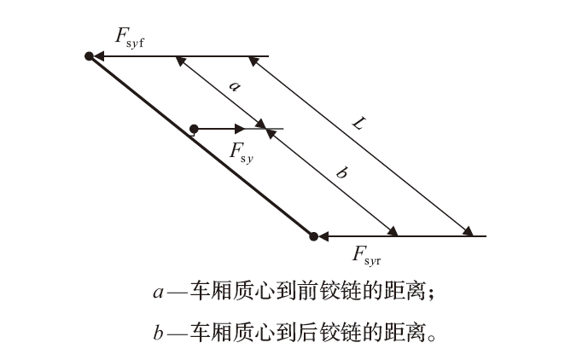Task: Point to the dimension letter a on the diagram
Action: point(236,85)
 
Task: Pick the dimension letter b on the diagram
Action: point(341,173)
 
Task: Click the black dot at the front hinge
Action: point(89,56)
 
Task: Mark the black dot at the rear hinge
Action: point(313,235)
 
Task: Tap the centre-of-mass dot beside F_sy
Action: point(195,129)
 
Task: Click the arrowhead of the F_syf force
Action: point(100,56)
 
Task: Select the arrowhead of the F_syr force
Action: point(325,235)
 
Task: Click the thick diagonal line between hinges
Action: point(201,146)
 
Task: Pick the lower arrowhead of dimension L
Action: point(468,231)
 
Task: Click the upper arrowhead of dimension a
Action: point(178,60)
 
